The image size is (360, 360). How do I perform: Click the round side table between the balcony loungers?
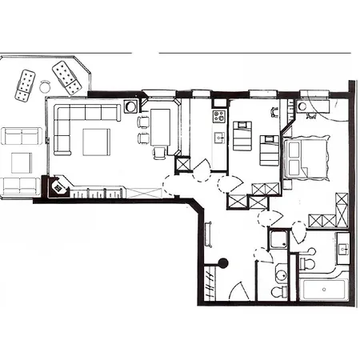pyautogui.click(x=46, y=84)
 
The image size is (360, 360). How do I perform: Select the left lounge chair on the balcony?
pyautogui.click(x=26, y=85)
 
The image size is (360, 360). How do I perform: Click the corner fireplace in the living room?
pyautogui.click(x=57, y=187)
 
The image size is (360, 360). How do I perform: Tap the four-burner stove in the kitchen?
pyautogui.click(x=219, y=117)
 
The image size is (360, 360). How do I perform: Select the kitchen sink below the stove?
pyautogui.click(x=218, y=137)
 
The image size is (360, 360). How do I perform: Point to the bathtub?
pyautogui.click(x=323, y=287)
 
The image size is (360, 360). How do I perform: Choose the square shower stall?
pyautogui.click(x=279, y=239)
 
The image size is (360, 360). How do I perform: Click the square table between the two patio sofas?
pyautogui.click(x=21, y=162)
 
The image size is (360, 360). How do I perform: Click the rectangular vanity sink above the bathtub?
pyautogui.click(x=342, y=250)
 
